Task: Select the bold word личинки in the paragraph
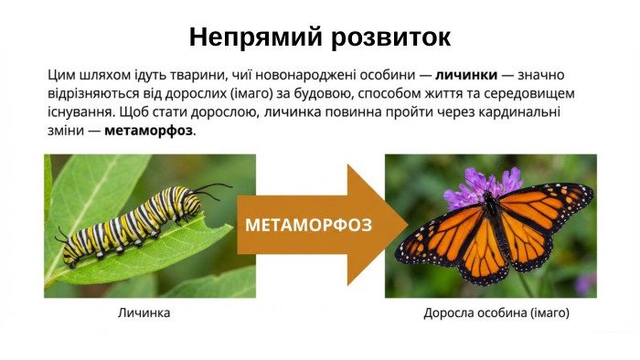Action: coord(464,75)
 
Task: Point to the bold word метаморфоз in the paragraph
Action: coord(148,131)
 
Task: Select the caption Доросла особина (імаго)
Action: coord(496,312)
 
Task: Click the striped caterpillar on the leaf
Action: coord(137,220)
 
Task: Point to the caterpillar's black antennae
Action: coord(212,189)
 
